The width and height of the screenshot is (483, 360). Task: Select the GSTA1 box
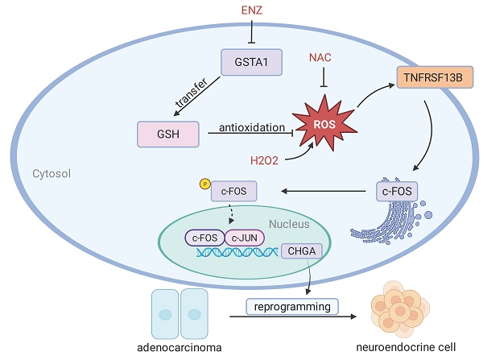click(x=250, y=62)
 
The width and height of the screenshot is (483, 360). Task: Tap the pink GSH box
click(x=167, y=132)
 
